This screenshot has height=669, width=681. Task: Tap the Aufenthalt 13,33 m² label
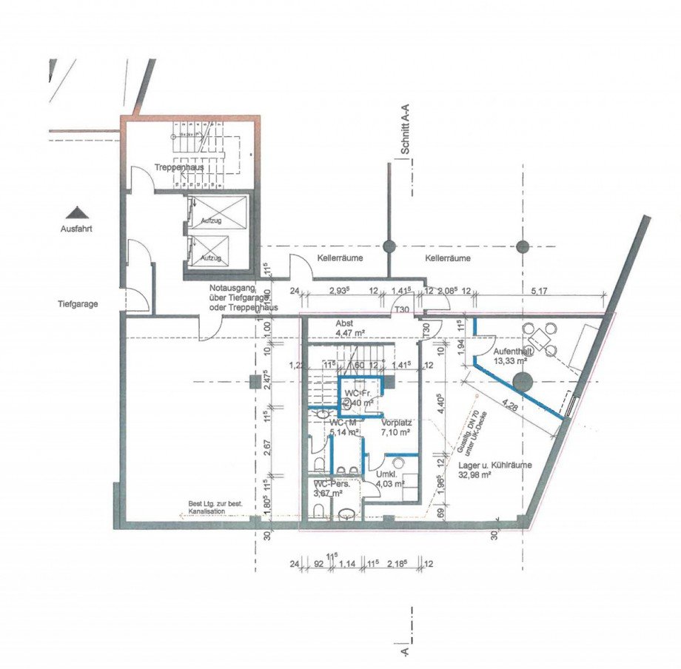510,355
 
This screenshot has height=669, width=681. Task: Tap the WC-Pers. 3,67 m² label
332,488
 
